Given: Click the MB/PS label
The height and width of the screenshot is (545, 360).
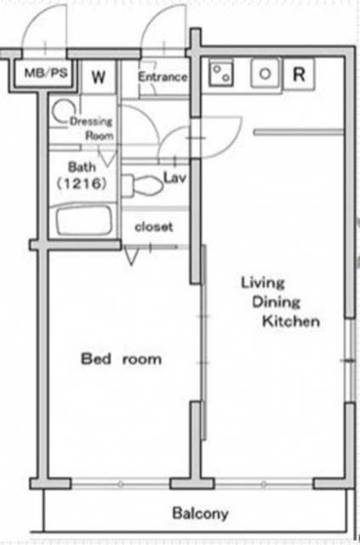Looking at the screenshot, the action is [x=45, y=73].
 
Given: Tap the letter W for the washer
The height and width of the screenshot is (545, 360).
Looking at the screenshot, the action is [x=99, y=77].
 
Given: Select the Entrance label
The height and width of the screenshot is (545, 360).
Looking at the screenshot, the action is [x=163, y=77].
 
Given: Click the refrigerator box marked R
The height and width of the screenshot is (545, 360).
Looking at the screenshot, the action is [x=300, y=74].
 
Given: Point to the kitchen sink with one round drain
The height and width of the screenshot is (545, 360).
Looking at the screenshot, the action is [x=266, y=74].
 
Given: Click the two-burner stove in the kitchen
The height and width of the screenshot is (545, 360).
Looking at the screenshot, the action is [x=221, y=74].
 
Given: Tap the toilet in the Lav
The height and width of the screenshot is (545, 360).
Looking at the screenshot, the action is [x=143, y=185].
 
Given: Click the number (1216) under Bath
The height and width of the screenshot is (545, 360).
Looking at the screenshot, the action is [x=82, y=183].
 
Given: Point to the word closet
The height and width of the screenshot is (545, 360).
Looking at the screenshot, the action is [x=153, y=227].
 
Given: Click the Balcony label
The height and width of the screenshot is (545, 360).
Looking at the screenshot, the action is [x=201, y=513].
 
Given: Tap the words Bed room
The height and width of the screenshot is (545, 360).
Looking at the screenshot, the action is [x=121, y=359].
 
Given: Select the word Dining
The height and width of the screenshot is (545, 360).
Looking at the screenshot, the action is [x=276, y=302].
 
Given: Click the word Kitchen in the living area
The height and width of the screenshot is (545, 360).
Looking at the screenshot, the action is [x=291, y=321].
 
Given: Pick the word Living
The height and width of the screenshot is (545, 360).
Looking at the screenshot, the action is [x=263, y=283].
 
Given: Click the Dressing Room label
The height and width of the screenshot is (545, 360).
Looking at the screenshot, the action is [x=92, y=129].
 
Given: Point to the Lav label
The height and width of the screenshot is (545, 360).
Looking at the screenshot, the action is [x=174, y=178].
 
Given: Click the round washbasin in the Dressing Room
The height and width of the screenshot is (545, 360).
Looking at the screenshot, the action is [x=61, y=112].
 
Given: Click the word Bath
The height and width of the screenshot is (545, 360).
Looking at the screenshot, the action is [x=82, y=167].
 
